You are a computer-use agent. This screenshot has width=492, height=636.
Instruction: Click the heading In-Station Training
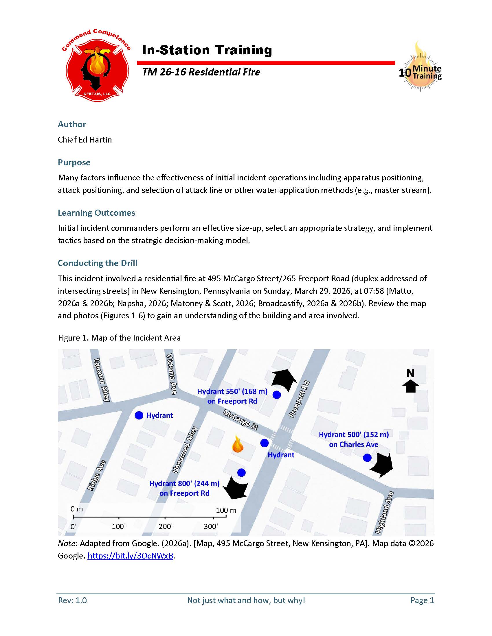click(x=207, y=50)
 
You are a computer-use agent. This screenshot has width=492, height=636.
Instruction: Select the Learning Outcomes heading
click(x=96, y=212)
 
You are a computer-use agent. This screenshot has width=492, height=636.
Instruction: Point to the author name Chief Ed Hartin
click(x=85, y=140)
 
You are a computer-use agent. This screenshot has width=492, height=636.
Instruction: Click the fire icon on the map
click(x=237, y=444)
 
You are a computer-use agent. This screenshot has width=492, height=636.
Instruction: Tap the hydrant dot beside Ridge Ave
click(x=139, y=415)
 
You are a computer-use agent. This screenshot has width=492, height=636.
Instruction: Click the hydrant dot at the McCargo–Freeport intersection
click(x=264, y=443)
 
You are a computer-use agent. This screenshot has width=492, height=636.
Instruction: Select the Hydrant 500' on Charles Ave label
click(x=354, y=439)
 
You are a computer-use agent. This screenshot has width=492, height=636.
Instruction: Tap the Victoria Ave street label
click(x=171, y=374)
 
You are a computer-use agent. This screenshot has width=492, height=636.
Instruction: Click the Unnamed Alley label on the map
click(x=186, y=450)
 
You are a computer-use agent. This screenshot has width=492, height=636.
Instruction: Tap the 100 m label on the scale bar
click(x=226, y=510)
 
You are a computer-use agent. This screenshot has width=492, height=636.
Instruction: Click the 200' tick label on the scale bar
click(x=165, y=526)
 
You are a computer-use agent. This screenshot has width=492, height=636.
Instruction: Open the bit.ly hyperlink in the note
click(x=131, y=556)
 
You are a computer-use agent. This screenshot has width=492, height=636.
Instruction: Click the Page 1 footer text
click(x=422, y=600)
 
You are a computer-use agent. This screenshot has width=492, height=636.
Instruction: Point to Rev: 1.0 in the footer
click(x=72, y=600)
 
